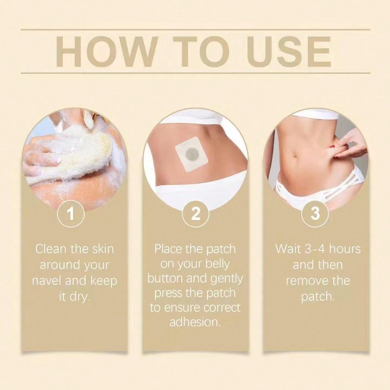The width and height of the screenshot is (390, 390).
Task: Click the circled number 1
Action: pyautogui.click(x=71, y=213)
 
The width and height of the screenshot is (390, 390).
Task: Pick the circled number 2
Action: pyautogui.click(x=195, y=213)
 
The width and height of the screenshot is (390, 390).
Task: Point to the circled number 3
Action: pyautogui.click(x=315, y=213)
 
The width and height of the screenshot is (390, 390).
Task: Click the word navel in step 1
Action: pyautogui.click(x=47, y=281)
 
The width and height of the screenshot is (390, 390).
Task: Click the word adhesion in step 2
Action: pyautogui.click(x=195, y=322)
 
